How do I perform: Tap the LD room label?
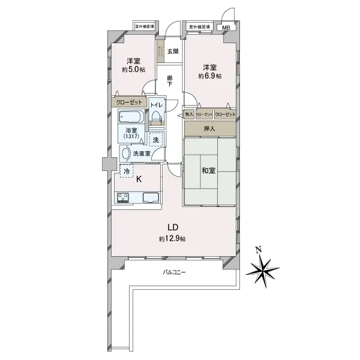point(172,227)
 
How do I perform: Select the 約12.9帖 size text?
point(172,239)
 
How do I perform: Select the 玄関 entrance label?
point(173,52)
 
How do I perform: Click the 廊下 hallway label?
point(170,81)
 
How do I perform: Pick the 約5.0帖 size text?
point(133,70)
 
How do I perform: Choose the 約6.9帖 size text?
point(210,76)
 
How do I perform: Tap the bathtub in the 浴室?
point(130,116)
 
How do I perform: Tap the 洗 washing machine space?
point(155,140)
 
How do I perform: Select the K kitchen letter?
point(139,179)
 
